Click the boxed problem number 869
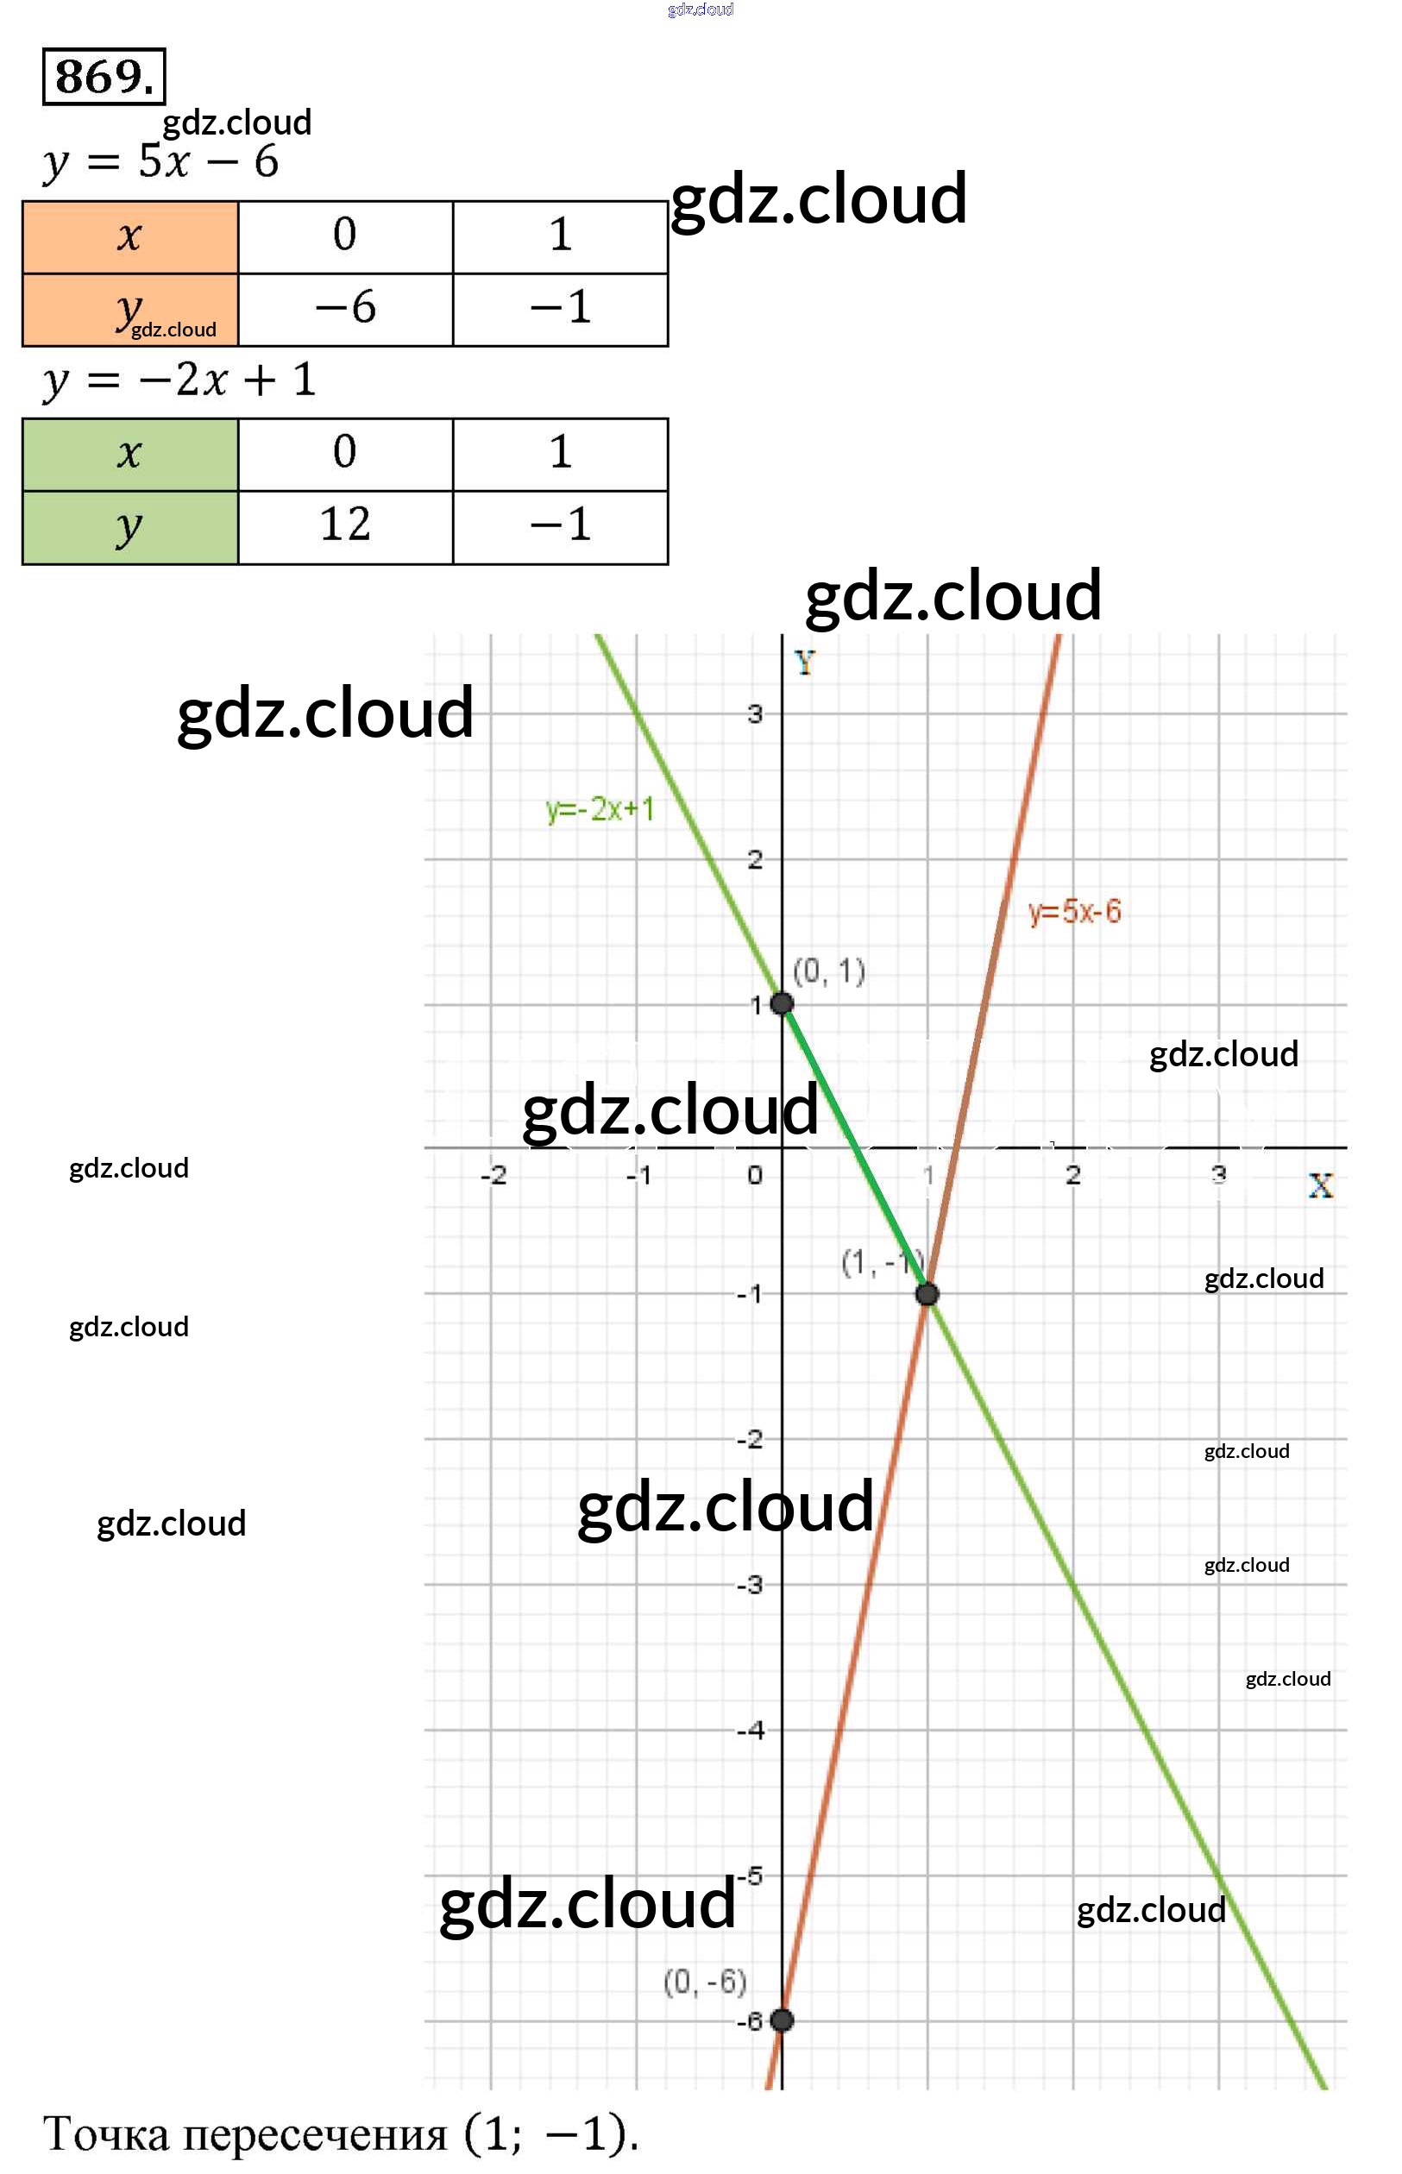pos(104,77)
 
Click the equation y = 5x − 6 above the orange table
pos(161,162)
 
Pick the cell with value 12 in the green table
pos(345,526)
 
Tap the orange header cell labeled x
pos(130,236)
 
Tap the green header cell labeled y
pos(130,527)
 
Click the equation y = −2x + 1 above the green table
pos(179,380)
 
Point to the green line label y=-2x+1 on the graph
pos(600,808)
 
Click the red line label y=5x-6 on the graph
pos(1074,911)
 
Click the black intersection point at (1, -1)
pos(927,1294)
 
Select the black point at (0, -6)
pos(781,2020)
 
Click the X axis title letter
pos(1320,1185)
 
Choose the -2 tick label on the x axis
pos(494,1174)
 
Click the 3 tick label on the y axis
pos(755,713)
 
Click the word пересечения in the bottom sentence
pos(315,2134)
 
